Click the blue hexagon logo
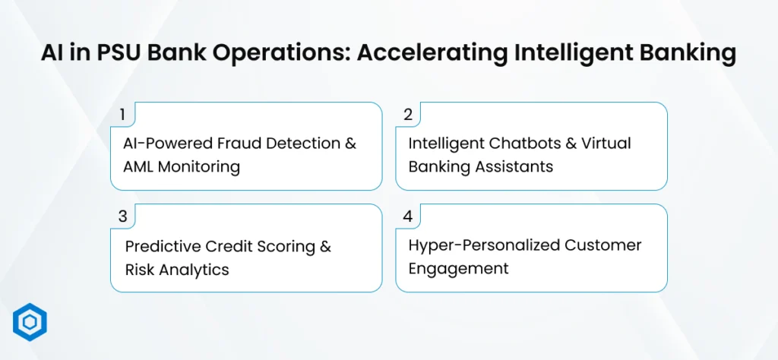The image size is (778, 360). click(30, 322)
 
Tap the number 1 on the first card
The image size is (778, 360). click(122, 115)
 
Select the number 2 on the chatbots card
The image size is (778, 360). click(408, 115)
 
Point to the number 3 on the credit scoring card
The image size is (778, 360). click(122, 216)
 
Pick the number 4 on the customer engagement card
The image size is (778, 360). click(408, 216)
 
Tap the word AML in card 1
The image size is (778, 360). click(138, 166)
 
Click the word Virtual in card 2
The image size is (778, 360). click(609, 144)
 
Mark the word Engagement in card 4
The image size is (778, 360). click(458, 269)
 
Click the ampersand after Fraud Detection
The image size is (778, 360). click(350, 144)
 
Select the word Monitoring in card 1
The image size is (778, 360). click(198, 167)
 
